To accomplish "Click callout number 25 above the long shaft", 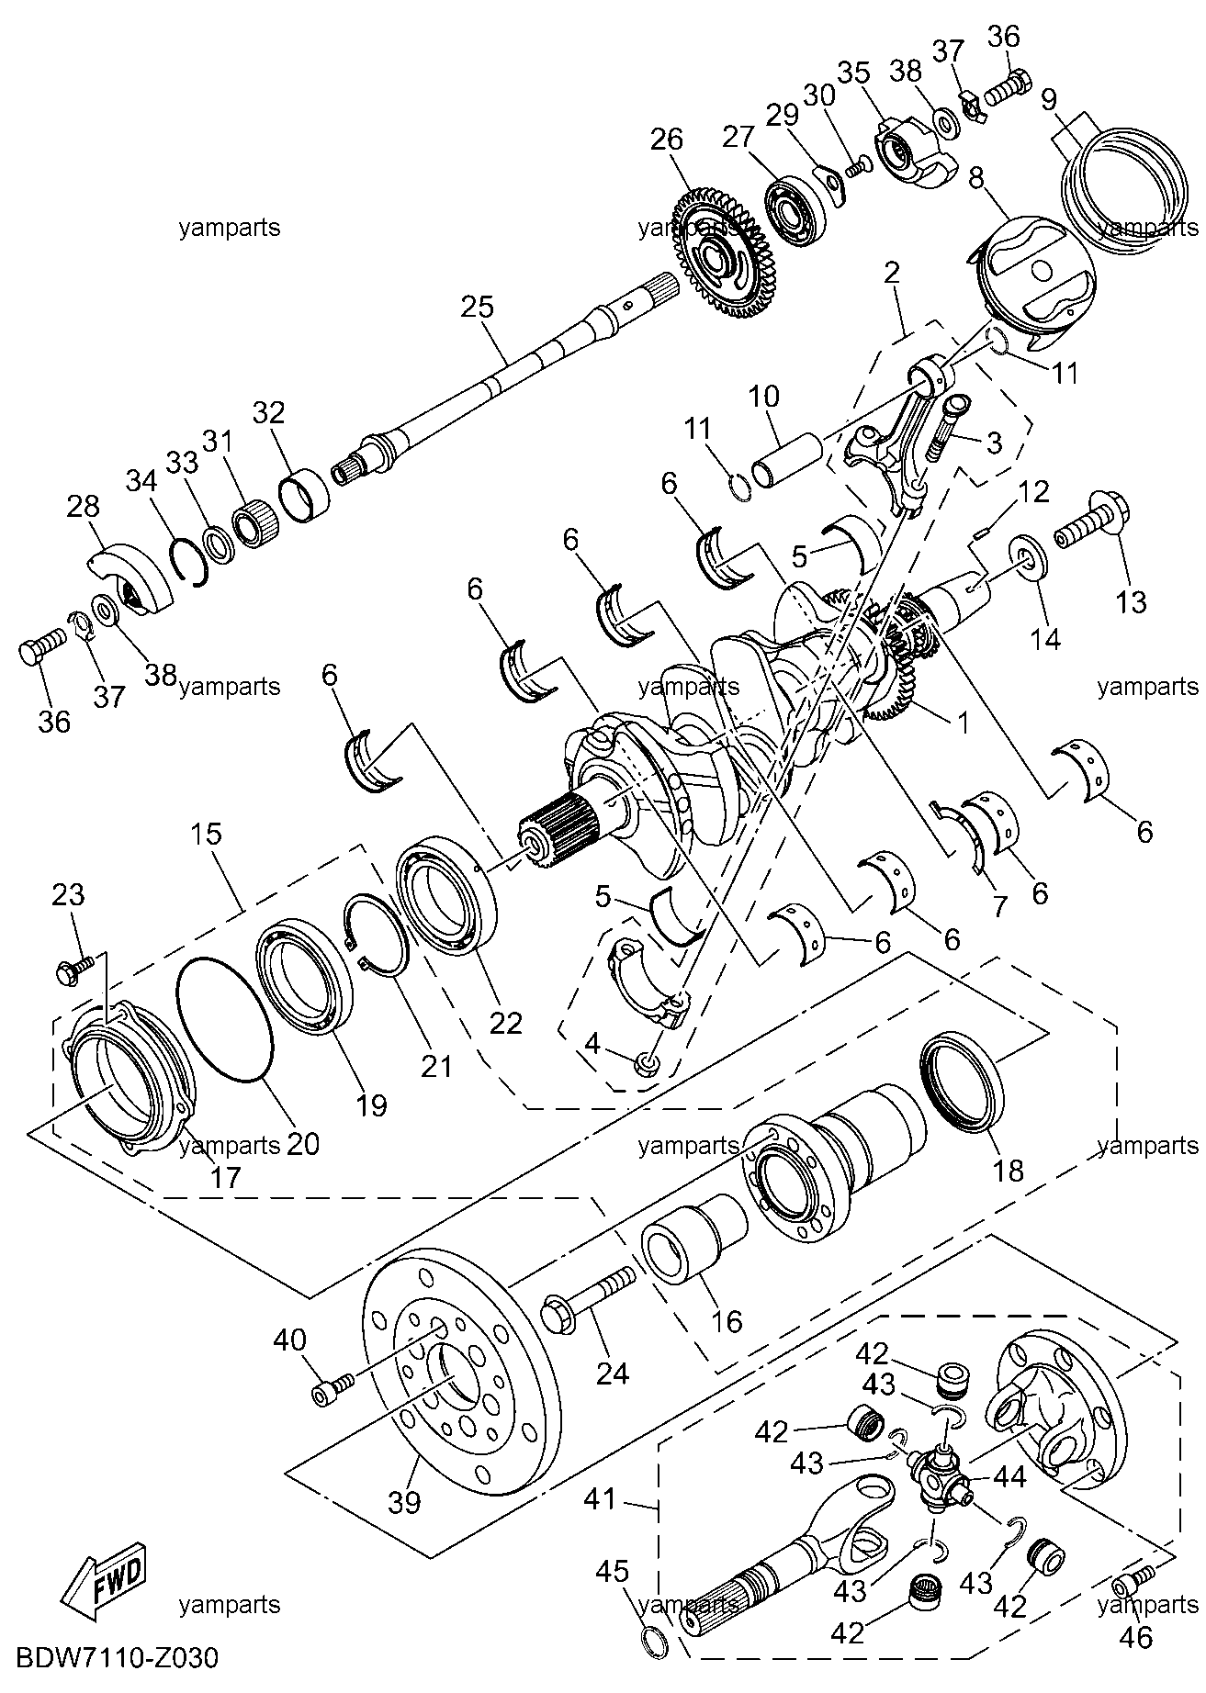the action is point(478,307).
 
